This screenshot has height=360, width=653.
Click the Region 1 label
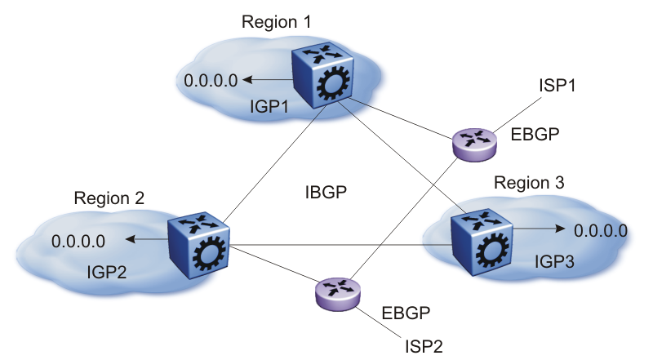pos(277,20)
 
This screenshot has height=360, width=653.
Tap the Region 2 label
pos(109,198)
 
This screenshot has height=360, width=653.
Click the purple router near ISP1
pos(474,144)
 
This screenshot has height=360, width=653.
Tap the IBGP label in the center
pos(325,193)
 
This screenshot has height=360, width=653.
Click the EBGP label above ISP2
pos(406,312)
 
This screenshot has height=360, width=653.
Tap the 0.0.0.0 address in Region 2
pos(78,241)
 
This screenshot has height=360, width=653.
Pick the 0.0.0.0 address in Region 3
pos(601,230)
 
